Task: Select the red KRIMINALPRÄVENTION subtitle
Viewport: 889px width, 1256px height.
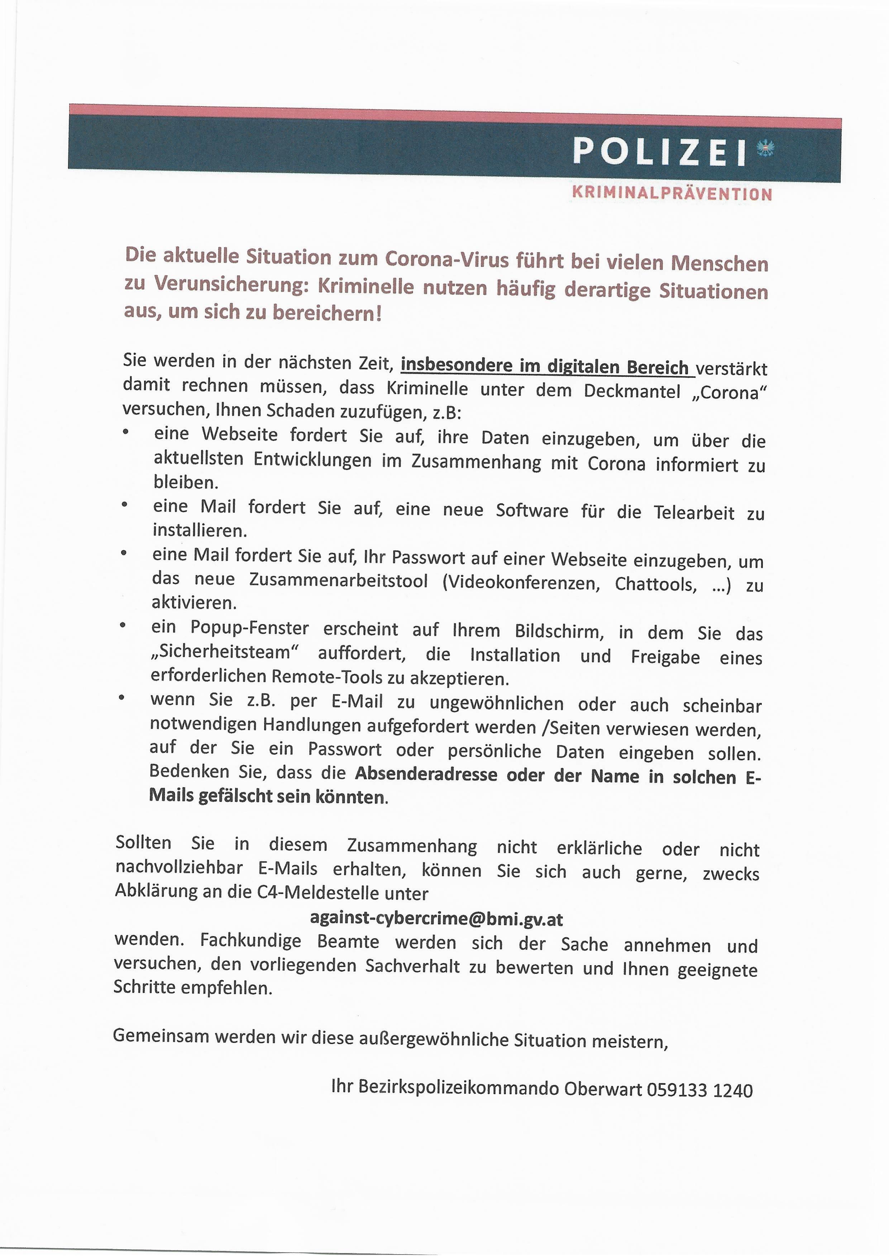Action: pyautogui.click(x=671, y=193)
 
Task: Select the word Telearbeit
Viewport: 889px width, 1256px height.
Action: pyautogui.click(x=694, y=513)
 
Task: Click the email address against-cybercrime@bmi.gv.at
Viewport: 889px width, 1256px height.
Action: pyautogui.click(x=436, y=918)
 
